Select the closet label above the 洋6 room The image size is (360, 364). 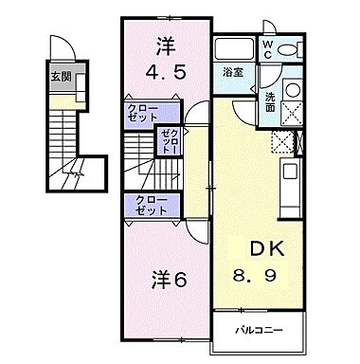click(146, 207)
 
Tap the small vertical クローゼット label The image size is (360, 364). click(169, 142)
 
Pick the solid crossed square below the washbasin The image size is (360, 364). click(289, 116)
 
